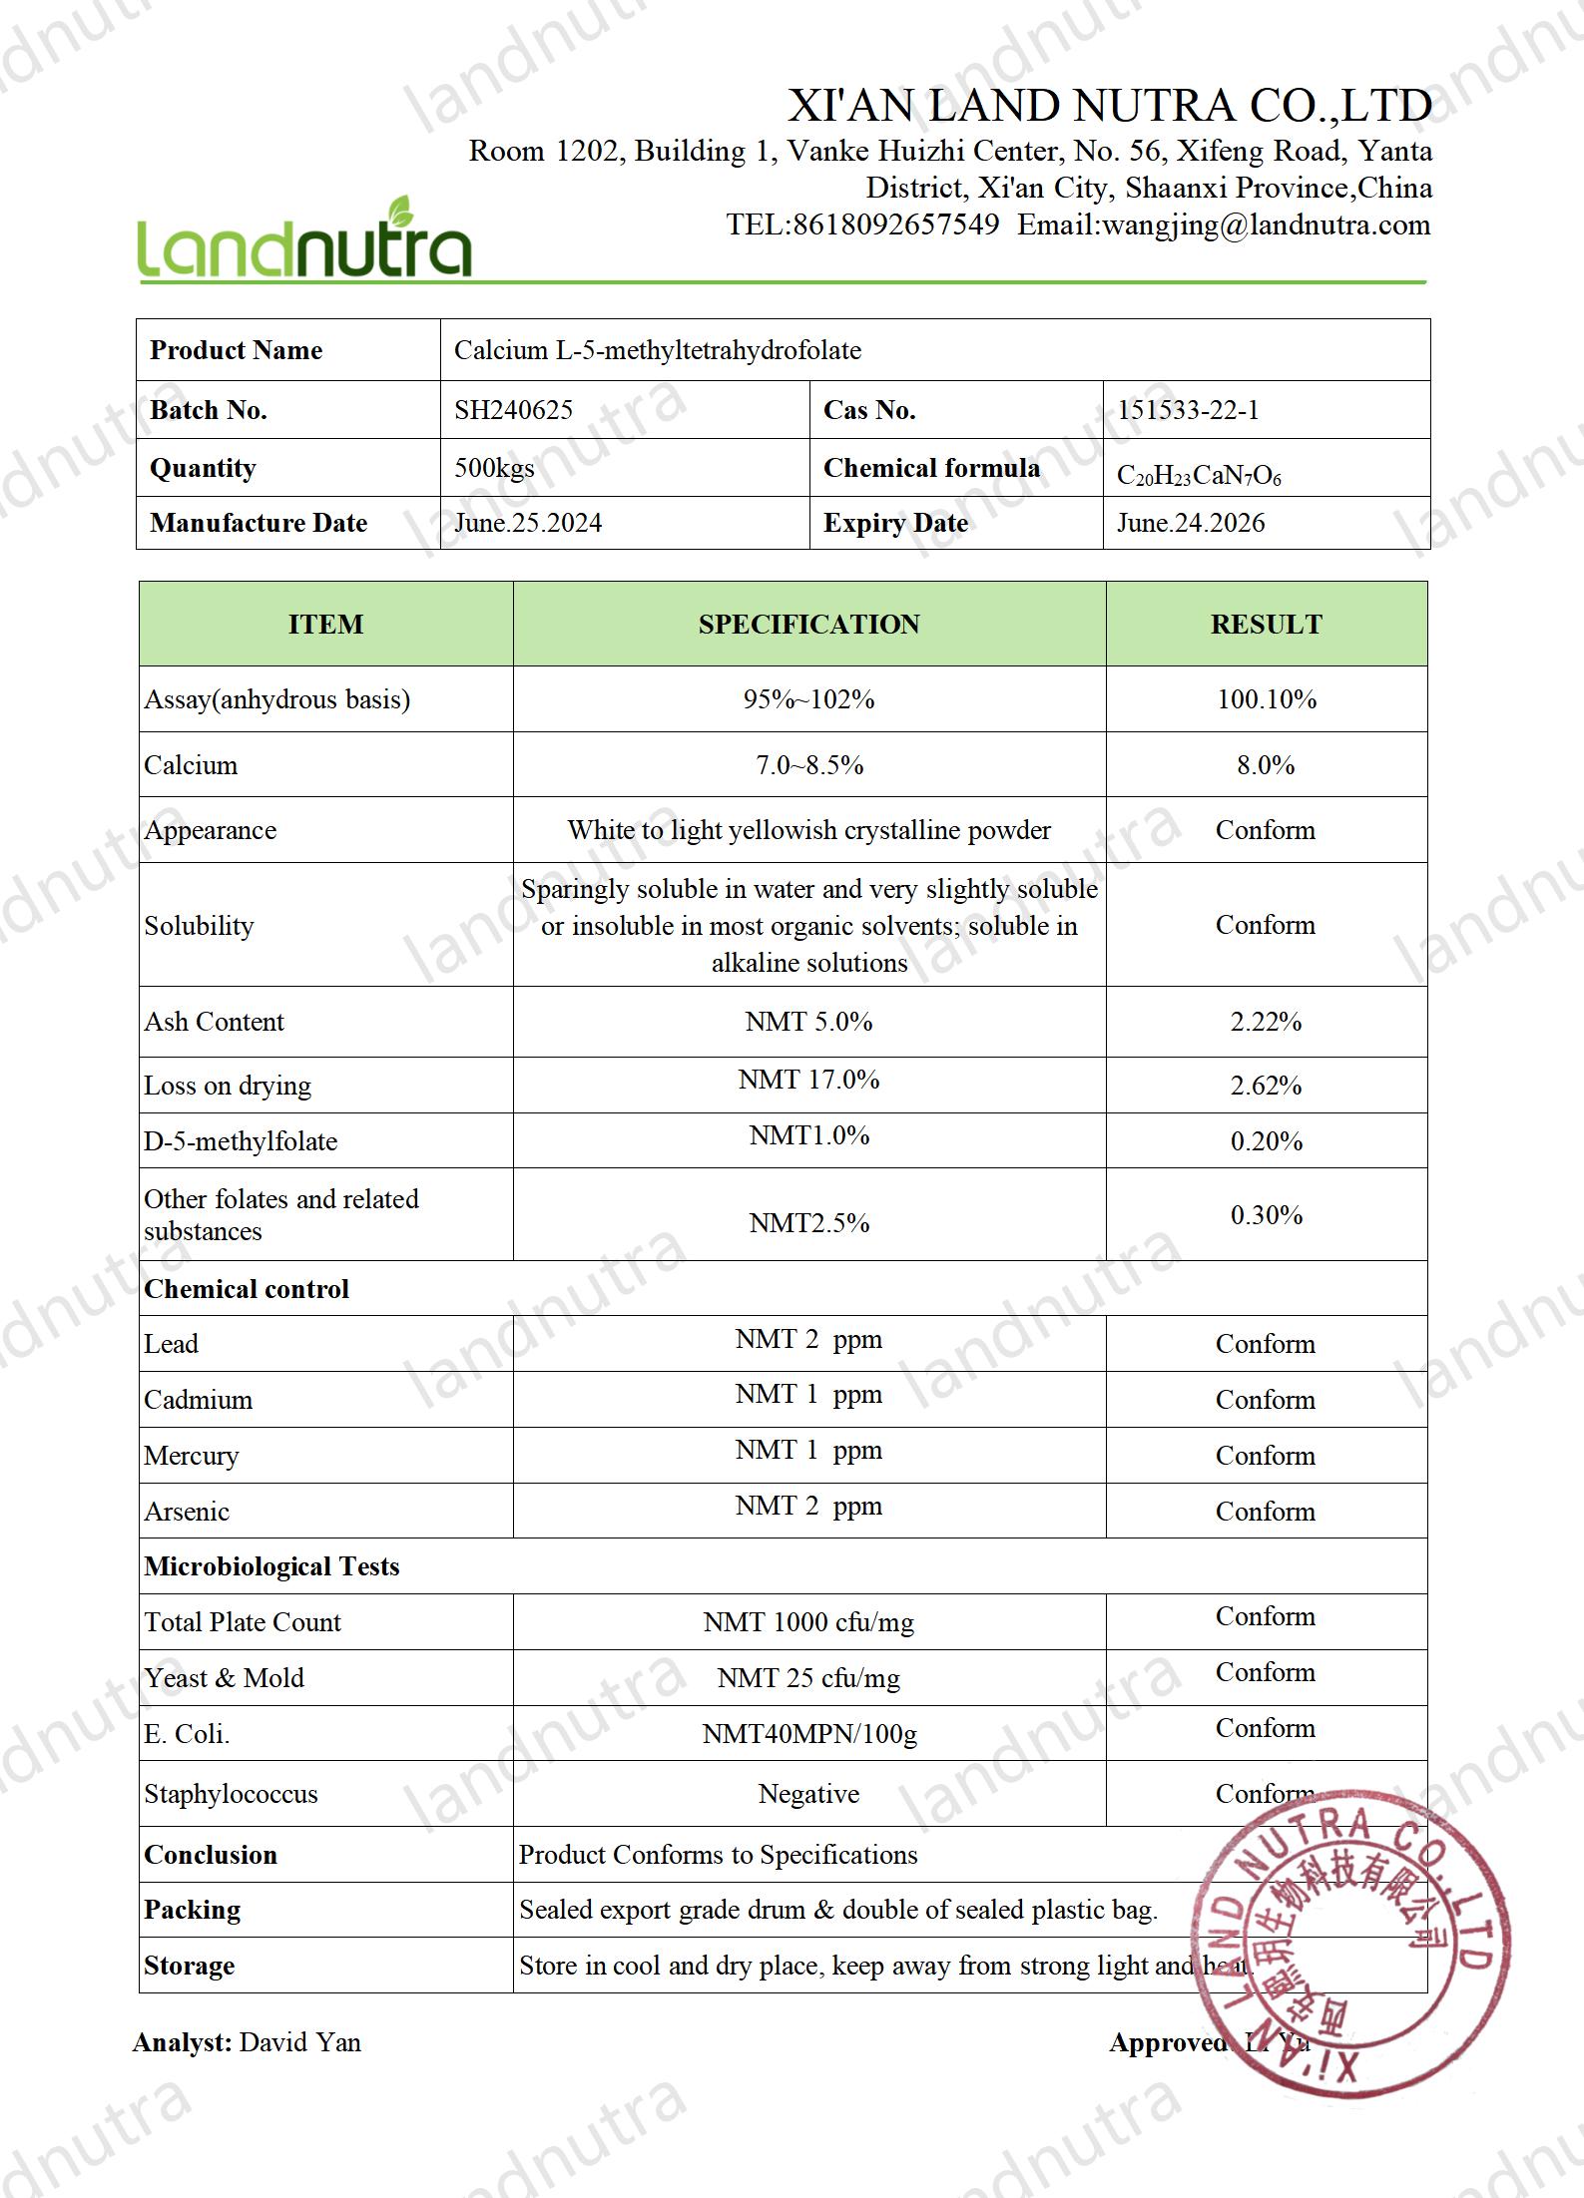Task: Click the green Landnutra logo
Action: click(303, 239)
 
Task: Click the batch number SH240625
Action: click(513, 410)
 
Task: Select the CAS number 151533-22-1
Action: click(1188, 410)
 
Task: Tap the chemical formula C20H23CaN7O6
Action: click(1198, 476)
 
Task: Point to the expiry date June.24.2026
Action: click(1190, 523)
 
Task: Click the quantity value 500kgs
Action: click(494, 468)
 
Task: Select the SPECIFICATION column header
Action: click(808, 625)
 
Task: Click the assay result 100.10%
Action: click(1266, 699)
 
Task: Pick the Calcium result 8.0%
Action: click(1266, 765)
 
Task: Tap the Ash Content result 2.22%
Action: click(1266, 1022)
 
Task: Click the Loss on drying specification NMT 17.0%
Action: click(808, 1080)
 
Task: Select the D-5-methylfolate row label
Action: click(241, 1141)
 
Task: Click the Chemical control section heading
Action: click(247, 1289)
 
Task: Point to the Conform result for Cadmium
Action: click(1265, 1400)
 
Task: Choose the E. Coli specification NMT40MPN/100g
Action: click(808, 1734)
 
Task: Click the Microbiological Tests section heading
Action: click(271, 1566)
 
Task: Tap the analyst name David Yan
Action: click(300, 2042)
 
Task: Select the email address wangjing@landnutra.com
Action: click(1266, 225)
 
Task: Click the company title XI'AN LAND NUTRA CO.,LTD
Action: click(1110, 106)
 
